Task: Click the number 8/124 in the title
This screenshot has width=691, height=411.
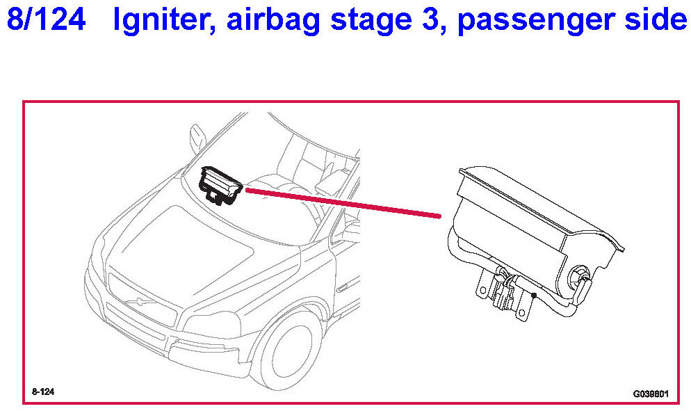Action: (47, 20)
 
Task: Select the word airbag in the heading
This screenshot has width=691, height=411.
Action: (273, 21)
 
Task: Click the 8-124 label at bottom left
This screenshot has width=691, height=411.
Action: (43, 392)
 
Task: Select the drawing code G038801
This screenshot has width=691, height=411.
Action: (651, 394)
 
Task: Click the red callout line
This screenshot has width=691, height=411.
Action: (343, 203)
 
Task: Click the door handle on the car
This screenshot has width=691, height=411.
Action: (342, 289)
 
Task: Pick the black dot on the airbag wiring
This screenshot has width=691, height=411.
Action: (534, 296)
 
